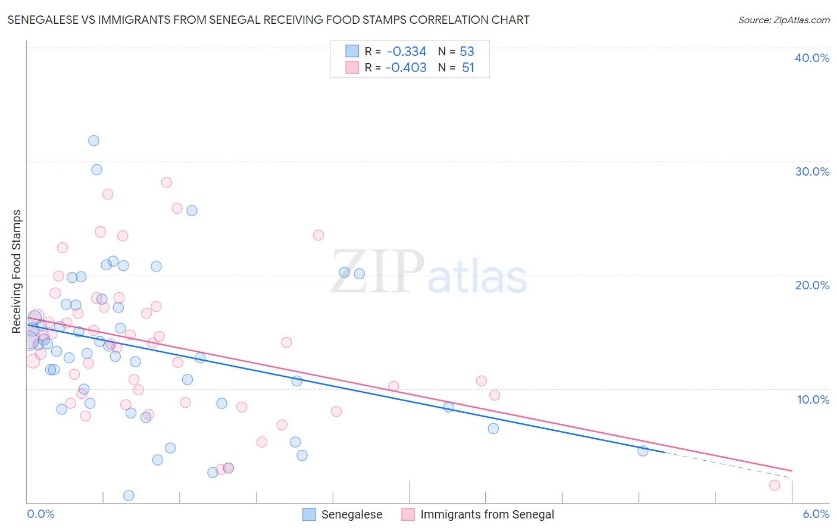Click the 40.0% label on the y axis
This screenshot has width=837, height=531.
812,58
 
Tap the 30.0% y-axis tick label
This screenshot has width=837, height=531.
812,171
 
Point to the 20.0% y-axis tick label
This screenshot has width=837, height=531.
812,285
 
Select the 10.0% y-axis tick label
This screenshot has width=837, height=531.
813,399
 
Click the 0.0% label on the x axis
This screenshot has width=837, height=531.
41,514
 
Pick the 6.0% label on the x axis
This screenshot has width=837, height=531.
816,514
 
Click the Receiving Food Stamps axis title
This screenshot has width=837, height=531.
17,271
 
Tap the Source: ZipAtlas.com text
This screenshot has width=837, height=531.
783,20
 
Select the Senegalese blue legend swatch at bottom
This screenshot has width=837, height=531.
309,514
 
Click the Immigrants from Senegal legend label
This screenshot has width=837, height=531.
487,514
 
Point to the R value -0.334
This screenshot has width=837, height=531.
407,51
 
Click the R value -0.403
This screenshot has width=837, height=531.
406,68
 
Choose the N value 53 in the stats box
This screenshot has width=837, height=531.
467,51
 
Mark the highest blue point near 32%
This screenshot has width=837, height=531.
93,141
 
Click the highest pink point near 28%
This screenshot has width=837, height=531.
167,182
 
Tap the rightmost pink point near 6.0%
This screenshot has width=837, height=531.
774,485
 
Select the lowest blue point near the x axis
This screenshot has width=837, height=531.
129,495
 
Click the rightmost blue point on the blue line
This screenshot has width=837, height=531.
643,451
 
